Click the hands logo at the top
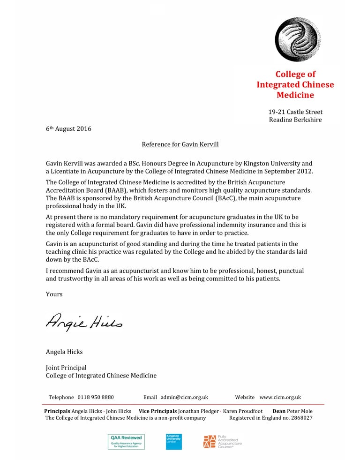click(x=298, y=39)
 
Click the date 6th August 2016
click(x=68, y=129)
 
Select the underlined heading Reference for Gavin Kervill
click(x=180, y=144)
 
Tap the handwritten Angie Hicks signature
click(x=84, y=321)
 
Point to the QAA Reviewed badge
click(x=126, y=441)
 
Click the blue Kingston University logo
click(x=173, y=441)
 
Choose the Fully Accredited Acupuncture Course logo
click(x=222, y=441)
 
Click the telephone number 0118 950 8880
click(x=96, y=397)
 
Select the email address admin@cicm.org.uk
click(x=184, y=397)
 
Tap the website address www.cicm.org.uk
click(x=280, y=397)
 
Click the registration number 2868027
click(x=299, y=418)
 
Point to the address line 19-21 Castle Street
click(x=295, y=112)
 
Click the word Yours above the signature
click(x=54, y=294)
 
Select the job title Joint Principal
click(x=66, y=368)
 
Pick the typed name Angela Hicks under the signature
click(x=64, y=352)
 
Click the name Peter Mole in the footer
click(x=300, y=411)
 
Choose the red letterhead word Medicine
click(x=295, y=95)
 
